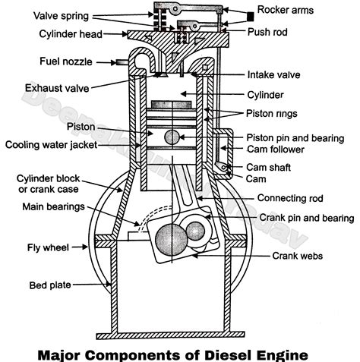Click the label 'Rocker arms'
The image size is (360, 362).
point(286,10)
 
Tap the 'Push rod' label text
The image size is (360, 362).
point(267,32)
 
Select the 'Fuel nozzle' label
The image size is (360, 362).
point(66,61)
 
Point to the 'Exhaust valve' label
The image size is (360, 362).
point(57,88)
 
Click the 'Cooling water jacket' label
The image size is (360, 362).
point(51,145)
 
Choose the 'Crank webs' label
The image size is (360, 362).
point(298,256)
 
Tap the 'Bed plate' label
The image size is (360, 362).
point(50,285)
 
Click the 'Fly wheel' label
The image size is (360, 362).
point(48,247)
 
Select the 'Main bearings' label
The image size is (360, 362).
point(53,206)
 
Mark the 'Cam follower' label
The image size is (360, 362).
point(276,150)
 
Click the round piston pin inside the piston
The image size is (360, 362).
point(172,137)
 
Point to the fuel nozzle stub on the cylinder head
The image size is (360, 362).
point(122,62)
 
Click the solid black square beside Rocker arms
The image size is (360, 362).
point(250,17)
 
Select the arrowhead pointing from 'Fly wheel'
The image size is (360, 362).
point(85,247)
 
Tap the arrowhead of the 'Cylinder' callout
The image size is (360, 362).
point(184,94)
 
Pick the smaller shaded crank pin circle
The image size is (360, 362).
point(195,231)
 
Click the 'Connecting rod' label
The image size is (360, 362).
point(290,198)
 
